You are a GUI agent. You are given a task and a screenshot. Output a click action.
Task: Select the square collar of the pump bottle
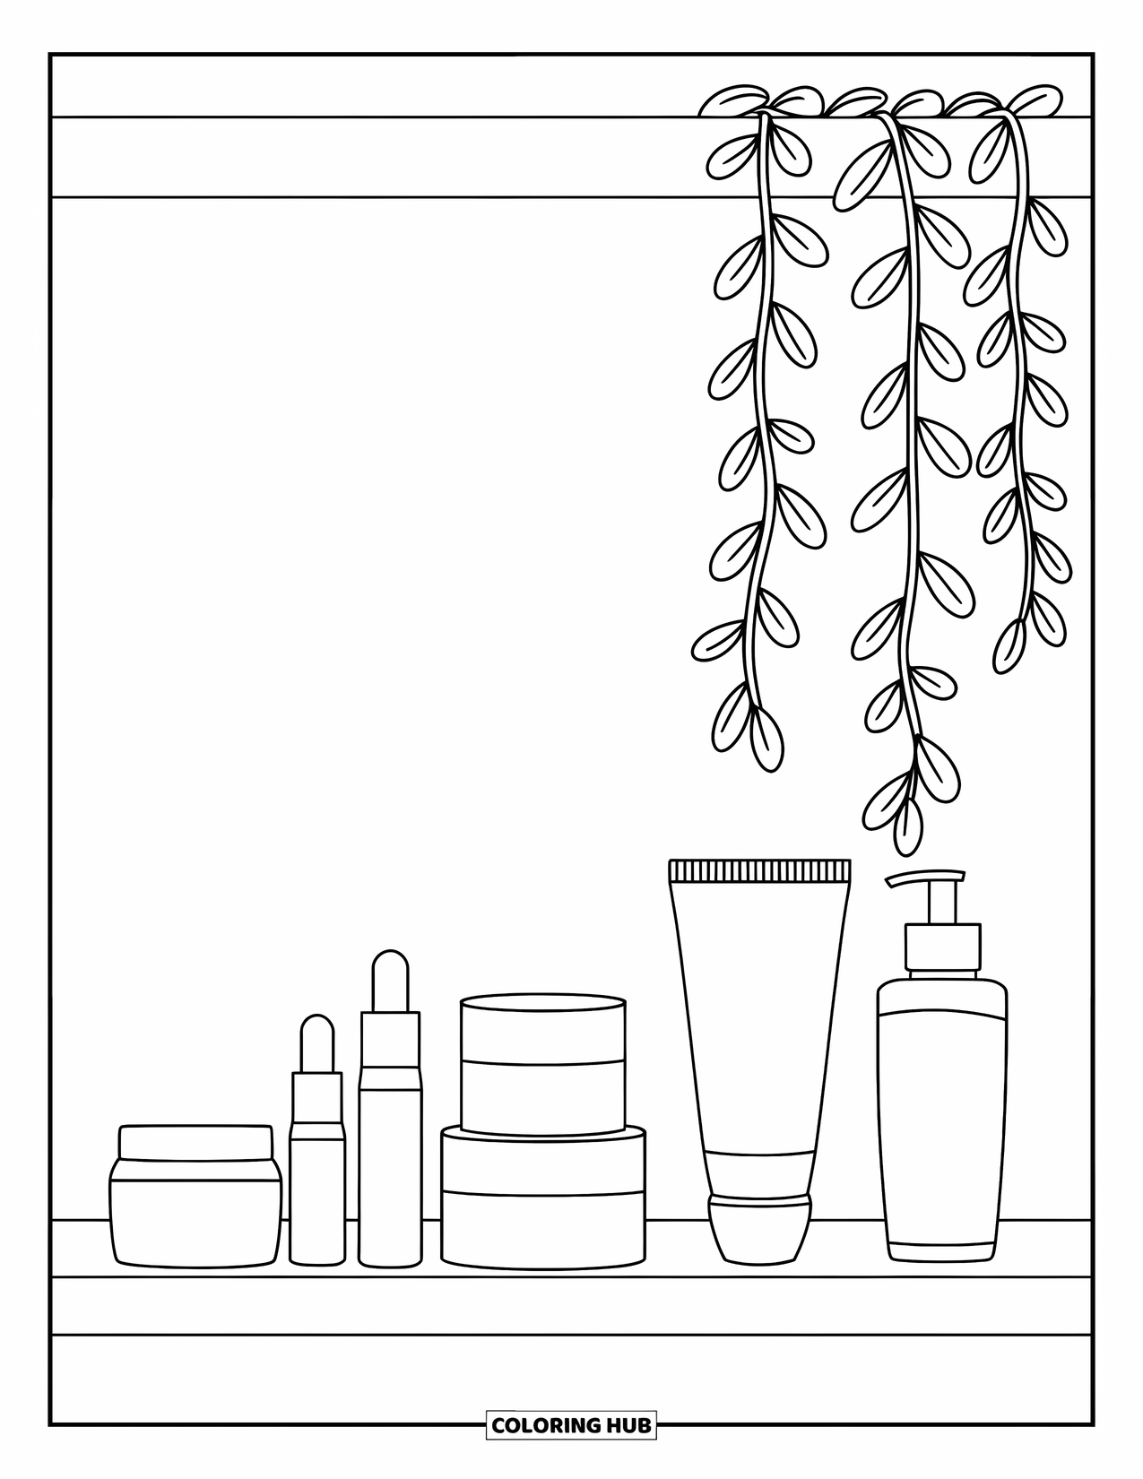[942, 947]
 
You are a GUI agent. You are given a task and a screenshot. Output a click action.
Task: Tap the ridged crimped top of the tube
[759, 869]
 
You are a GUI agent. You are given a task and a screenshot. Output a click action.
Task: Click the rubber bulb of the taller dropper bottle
[390, 981]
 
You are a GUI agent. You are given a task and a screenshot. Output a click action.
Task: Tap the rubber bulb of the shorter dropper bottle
[317, 1043]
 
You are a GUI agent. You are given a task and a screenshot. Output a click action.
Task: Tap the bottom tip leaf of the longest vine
[908, 826]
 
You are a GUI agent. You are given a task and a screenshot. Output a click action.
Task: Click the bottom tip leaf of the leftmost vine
[766, 739]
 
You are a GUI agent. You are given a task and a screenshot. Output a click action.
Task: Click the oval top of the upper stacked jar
[542, 1002]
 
